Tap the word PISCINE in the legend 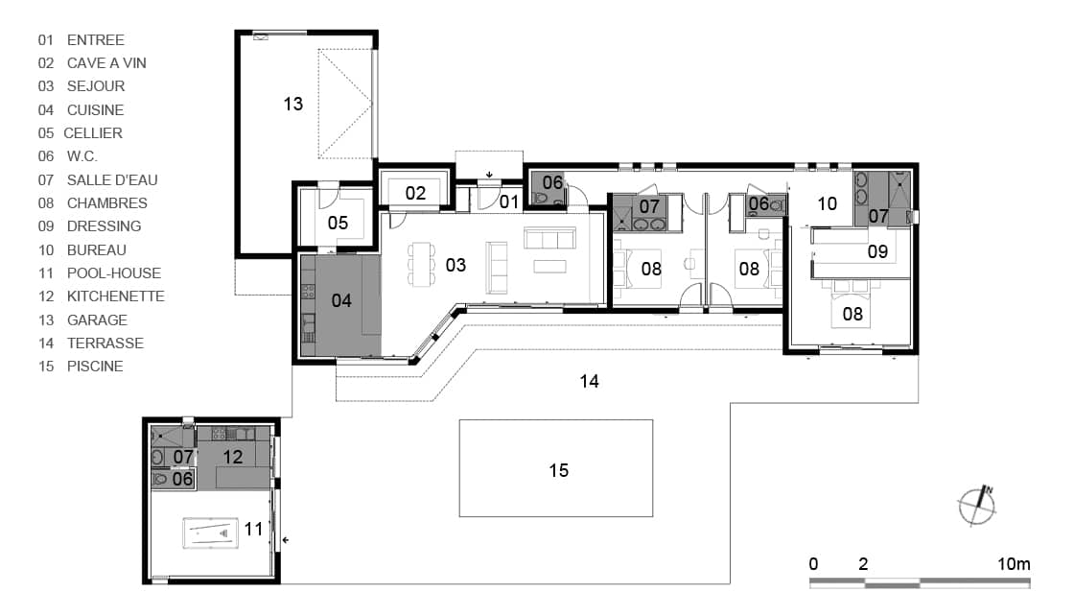(95, 367)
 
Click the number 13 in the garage (293, 105)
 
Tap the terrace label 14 (589, 382)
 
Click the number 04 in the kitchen (341, 301)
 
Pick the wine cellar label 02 (415, 193)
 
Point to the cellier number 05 (338, 224)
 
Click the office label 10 (828, 203)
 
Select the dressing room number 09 (877, 252)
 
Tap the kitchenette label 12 (233, 457)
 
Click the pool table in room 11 (210, 533)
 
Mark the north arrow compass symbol (977, 507)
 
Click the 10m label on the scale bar (1014, 564)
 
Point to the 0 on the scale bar (813, 564)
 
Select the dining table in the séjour (421, 264)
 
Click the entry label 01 (509, 202)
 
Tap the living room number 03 (455, 265)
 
